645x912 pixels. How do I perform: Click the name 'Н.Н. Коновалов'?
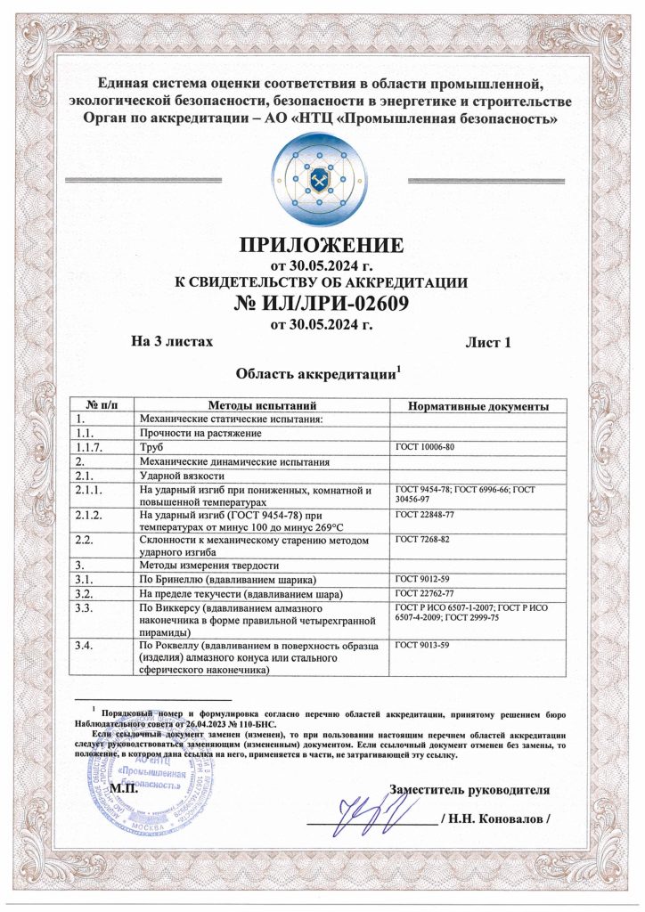pyautogui.click(x=501, y=818)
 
